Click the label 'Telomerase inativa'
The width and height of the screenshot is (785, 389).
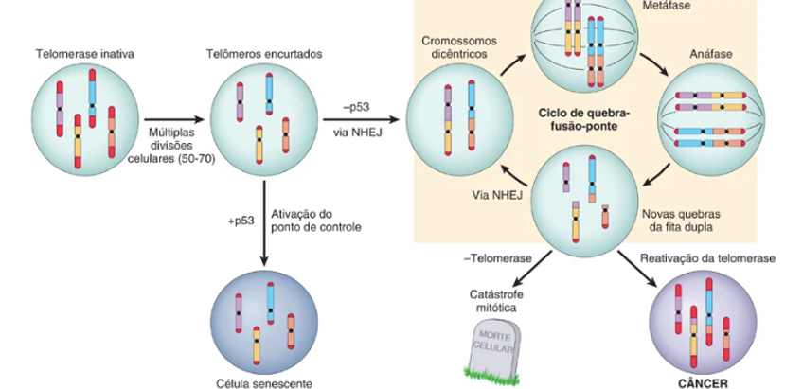[x=84, y=54]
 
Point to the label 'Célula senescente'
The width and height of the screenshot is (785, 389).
[x=262, y=383]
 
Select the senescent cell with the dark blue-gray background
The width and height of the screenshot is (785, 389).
[x=262, y=323]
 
